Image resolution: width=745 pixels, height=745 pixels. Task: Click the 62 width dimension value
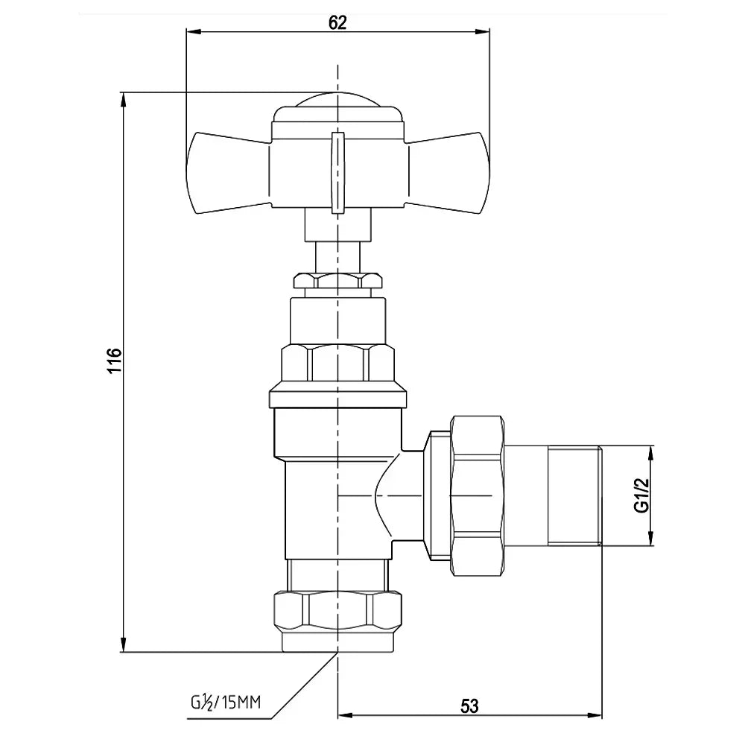click(x=337, y=22)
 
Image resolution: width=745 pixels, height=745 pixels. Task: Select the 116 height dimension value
click(x=114, y=360)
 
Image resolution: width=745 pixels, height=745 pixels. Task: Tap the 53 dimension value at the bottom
click(x=469, y=706)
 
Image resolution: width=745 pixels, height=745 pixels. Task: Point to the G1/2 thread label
click(x=641, y=495)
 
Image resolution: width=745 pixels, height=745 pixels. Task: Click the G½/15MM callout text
click(x=226, y=703)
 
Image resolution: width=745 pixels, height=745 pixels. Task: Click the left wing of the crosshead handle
click(x=229, y=173)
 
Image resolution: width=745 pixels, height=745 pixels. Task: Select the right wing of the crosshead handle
click(x=446, y=173)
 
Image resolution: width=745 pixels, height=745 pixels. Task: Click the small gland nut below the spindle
click(x=337, y=280)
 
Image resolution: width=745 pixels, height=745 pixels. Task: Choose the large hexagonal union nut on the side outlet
click(x=477, y=496)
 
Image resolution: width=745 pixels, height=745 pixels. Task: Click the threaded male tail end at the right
click(x=575, y=496)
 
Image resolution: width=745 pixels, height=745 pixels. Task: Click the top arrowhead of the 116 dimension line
click(x=124, y=99)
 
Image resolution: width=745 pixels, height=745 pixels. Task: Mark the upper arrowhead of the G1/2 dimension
click(x=651, y=453)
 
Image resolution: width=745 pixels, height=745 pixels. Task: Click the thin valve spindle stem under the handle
click(x=337, y=257)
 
